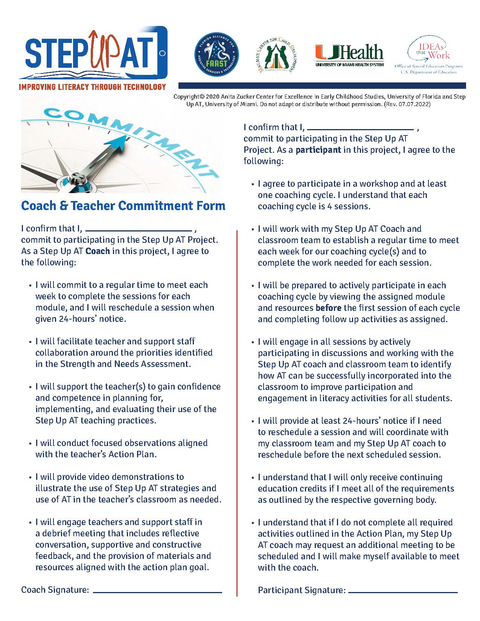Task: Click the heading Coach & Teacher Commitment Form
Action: coord(123,205)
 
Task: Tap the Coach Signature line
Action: coord(157,592)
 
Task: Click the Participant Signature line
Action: coord(403,592)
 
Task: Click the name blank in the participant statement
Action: coord(363,128)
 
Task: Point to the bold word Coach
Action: coord(98,251)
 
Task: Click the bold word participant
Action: coord(318,150)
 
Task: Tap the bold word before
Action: coord(329,308)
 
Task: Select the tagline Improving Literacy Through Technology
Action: coord(93,87)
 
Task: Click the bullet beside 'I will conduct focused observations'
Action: coord(30,444)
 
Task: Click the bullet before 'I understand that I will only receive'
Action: coord(253,478)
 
